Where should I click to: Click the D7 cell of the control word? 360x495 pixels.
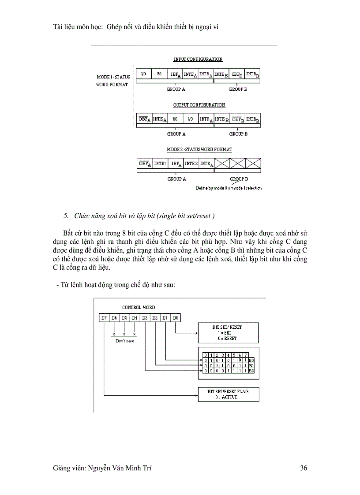tap(104, 317)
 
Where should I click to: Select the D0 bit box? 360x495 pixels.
tap(176, 317)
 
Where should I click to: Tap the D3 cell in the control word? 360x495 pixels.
tap(145, 317)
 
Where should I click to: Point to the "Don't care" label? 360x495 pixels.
tap(124, 341)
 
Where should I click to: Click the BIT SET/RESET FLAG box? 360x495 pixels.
tap(228, 394)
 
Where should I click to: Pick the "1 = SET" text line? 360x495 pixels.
tap(228, 333)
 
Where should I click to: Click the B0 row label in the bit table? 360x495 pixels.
tap(251, 361)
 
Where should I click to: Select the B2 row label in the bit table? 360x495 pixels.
tap(251, 371)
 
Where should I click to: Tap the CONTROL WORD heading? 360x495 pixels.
tap(139, 307)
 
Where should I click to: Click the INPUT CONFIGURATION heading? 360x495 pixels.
tap(198, 59)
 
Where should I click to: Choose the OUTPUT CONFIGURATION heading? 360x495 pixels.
tap(199, 105)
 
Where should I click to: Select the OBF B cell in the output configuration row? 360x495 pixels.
tap(237, 119)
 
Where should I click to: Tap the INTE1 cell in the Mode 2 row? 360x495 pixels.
tap(160, 164)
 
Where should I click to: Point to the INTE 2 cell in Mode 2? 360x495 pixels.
tap(191, 164)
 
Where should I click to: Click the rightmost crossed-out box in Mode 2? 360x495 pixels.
tap(252, 164)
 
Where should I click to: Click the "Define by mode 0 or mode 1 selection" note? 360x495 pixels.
tap(229, 188)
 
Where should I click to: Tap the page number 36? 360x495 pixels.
tap(303, 468)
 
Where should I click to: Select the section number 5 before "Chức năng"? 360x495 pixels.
tap(66, 216)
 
